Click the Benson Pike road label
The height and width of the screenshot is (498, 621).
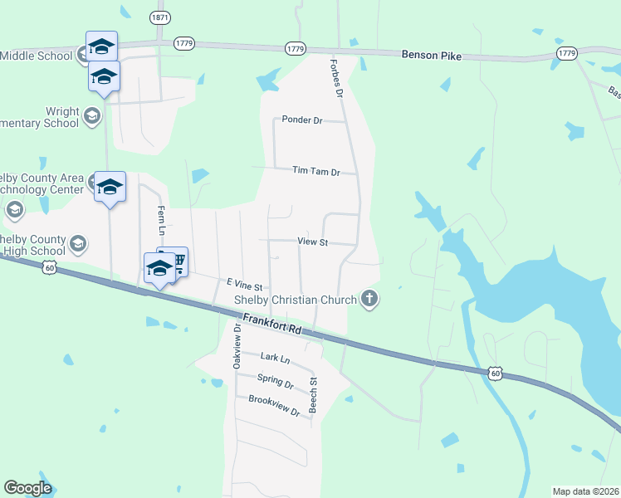coord(430,56)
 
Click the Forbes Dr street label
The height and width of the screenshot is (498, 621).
coord(336,79)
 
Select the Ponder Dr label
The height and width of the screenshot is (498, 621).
coord(301,120)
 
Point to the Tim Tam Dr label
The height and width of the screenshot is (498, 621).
coord(316,172)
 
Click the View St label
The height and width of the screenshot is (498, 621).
coord(313,242)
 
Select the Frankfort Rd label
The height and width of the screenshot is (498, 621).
coord(271,324)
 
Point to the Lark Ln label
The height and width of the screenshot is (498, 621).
coord(274,358)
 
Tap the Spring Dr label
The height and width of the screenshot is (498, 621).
coord(276,383)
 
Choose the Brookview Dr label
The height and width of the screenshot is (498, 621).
coord(273,406)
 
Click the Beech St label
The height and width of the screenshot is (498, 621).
coord(314,395)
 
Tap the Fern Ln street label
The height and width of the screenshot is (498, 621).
coord(162,219)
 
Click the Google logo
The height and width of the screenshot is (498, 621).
coord(27,488)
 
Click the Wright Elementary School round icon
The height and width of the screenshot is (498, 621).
coord(92,115)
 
